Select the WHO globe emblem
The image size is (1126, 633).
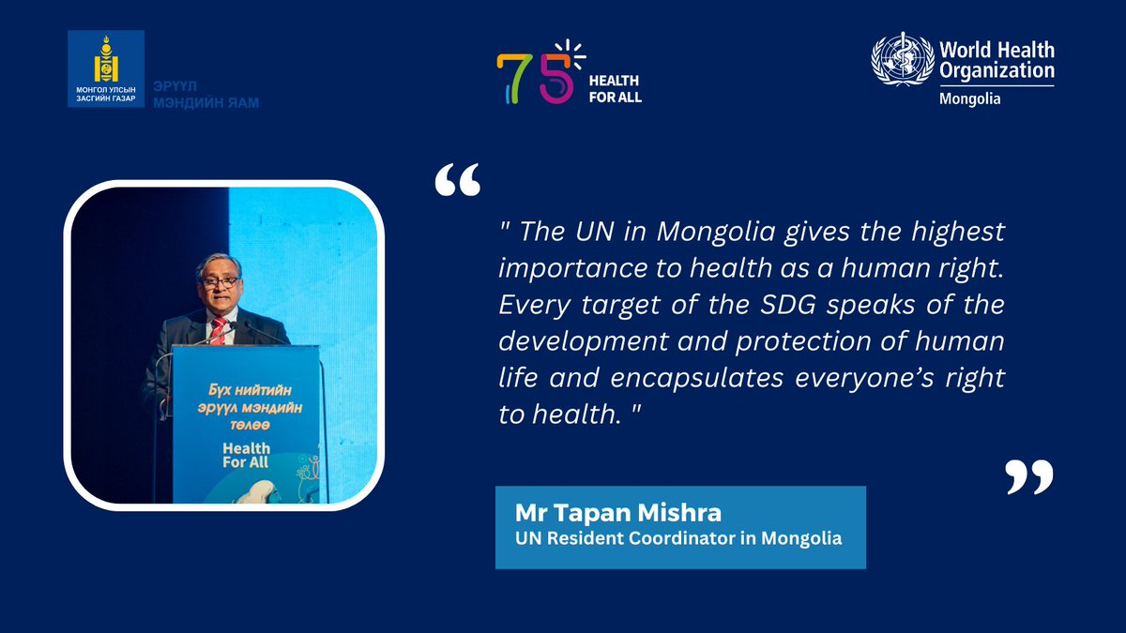pyautogui.click(x=902, y=63)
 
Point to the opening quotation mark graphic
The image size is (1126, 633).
pyautogui.click(x=458, y=181)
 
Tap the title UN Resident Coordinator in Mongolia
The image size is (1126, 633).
pyautogui.click(x=678, y=539)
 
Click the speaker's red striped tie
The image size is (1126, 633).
pyautogui.click(x=219, y=329)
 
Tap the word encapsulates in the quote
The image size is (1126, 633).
pyautogui.click(x=714, y=378)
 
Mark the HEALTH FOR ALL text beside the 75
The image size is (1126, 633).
pyautogui.click(x=615, y=89)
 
